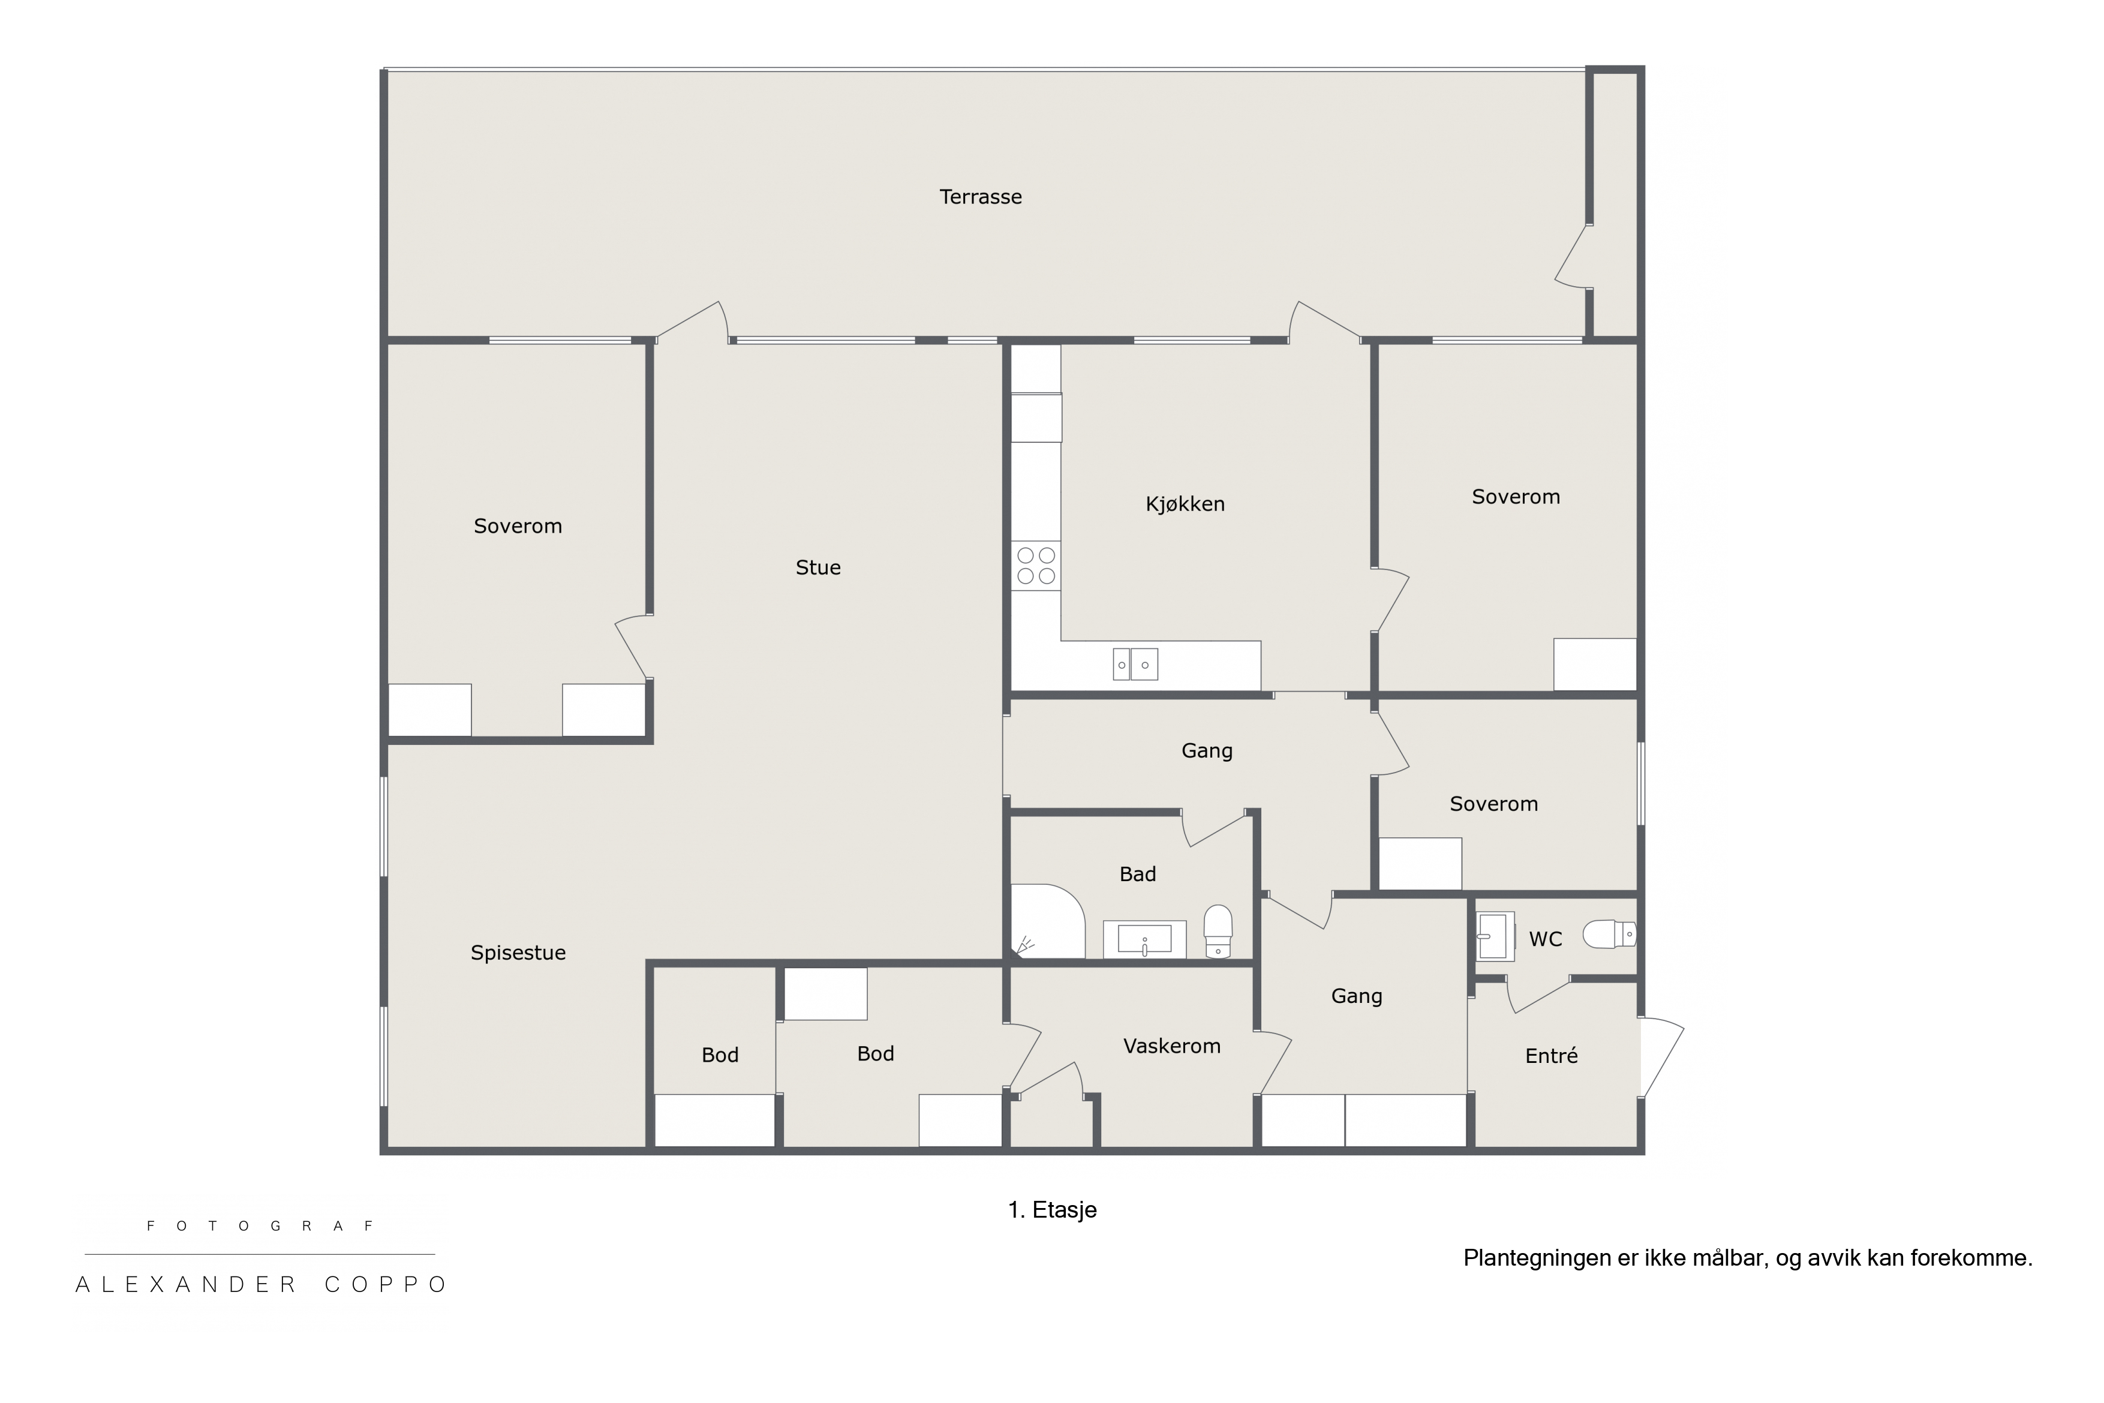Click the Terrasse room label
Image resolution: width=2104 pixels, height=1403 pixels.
click(x=981, y=197)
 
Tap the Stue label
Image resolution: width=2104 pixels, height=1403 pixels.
click(x=817, y=567)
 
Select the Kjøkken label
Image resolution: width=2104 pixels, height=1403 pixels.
click(x=1185, y=504)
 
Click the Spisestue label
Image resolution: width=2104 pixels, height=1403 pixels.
click(x=518, y=953)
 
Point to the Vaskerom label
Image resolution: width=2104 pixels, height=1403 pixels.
click(x=1172, y=1046)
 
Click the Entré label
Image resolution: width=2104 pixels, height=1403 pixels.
click(x=1551, y=1056)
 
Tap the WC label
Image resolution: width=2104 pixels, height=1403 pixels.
click(x=1546, y=939)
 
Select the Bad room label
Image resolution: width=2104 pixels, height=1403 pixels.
click(x=1138, y=874)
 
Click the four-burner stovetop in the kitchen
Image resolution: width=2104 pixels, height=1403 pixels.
click(x=1036, y=566)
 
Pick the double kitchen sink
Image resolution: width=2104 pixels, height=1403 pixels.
click(x=1135, y=664)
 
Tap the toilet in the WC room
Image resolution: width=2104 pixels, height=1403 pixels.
click(x=1609, y=934)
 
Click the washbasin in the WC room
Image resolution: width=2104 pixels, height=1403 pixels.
click(x=1494, y=936)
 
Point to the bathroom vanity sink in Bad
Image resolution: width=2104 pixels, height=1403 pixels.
click(x=1144, y=939)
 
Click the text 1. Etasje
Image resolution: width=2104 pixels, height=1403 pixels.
click(x=1052, y=1210)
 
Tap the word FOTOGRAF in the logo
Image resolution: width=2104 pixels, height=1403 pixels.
click(x=260, y=1226)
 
